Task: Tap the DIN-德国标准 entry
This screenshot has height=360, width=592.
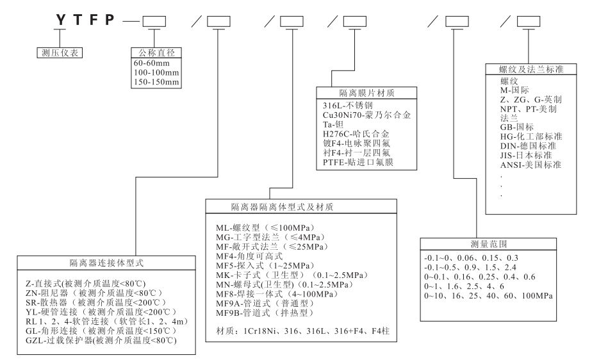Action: (x=529, y=145)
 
